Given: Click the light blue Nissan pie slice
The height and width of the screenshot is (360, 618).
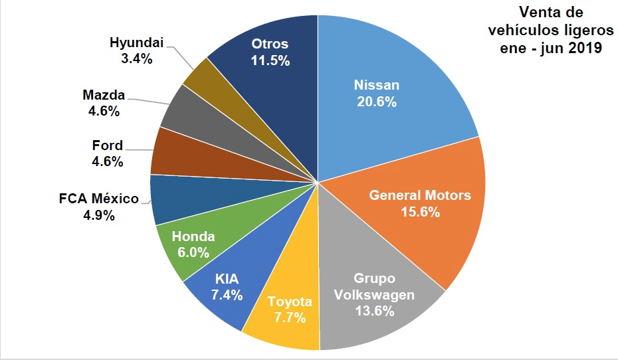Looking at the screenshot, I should tap(392, 73).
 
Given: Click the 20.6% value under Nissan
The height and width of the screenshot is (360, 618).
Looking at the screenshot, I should tap(377, 102).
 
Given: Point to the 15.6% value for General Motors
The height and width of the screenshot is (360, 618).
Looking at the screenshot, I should tap(420, 213).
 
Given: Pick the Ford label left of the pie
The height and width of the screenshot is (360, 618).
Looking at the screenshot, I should tap(107, 145).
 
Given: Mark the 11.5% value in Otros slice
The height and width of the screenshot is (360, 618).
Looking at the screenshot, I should tap(270, 60).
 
